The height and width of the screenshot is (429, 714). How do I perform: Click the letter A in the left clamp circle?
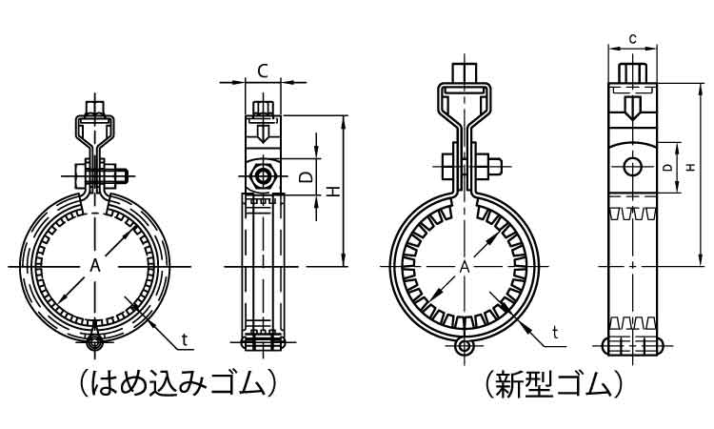tap(94, 265)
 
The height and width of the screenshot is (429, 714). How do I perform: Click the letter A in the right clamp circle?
tap(464, 267)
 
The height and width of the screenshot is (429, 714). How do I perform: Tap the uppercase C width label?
tap(263, 71)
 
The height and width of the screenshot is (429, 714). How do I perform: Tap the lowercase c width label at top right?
tap(632, 39)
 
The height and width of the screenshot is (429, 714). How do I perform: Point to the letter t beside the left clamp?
tap(184, 339)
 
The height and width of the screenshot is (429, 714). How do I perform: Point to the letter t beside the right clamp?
tap(555, 333)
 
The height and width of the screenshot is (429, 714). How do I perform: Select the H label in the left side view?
tap(335, 191)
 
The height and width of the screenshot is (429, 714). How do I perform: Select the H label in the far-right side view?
tap(691, 168)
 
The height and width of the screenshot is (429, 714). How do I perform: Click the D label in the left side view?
tap(307, 177)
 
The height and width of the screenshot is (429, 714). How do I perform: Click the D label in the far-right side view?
tap(666, 168)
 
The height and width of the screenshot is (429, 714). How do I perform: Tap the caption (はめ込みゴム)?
tap(178, 384)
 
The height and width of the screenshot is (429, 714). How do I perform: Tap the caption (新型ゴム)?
tap(553, 384)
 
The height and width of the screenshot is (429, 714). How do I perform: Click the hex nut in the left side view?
tap(263, 176)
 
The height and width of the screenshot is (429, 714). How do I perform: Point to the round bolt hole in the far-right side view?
tap(632, 167)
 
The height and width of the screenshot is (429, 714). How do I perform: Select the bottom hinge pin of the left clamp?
tap(94, 342)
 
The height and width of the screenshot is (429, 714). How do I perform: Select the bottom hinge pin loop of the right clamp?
tap(464, 346)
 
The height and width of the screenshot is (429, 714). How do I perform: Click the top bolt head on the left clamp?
tap(94, 109)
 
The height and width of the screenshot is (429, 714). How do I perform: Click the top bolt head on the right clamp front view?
tap(465, 72)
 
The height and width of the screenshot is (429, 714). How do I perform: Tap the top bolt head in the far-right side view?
tap(632, 73)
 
